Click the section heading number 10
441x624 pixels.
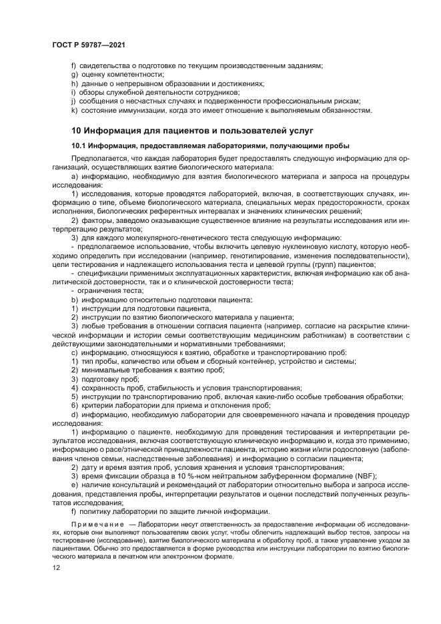pos(77,129)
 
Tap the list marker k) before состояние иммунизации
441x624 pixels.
pos(75,110)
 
